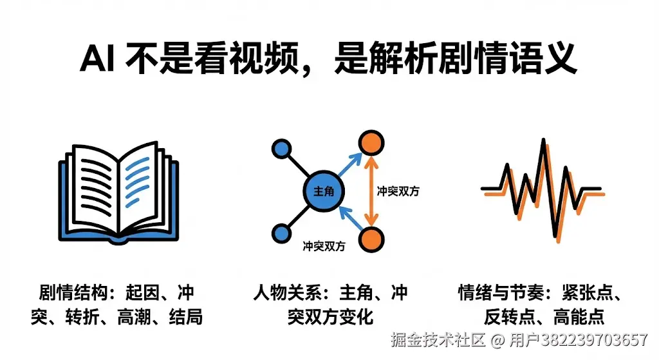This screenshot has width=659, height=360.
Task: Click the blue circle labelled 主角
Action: pyautogui.click(x=324, y=191)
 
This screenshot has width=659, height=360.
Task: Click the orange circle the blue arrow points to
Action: pyautogui.click(x=369, y=142)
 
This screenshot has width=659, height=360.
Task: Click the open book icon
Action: pyautogui.click(x=120, y=190)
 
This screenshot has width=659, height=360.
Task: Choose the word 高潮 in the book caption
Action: pyautogui.click(x=133, y=317)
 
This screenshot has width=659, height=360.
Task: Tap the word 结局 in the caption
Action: pyautogui.click(x=185, y=317)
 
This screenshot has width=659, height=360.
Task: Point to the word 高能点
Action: pyautogui.click(x=579, y=317)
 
